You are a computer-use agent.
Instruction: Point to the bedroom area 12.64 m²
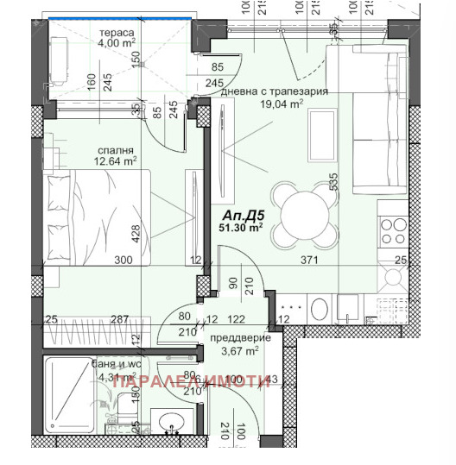pyautogui.click(x=115, y=160)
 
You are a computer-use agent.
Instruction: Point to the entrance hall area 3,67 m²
pyautogui.click(x=241, y=351)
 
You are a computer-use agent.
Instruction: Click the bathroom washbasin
pyautogui.click(x=172, y=423)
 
